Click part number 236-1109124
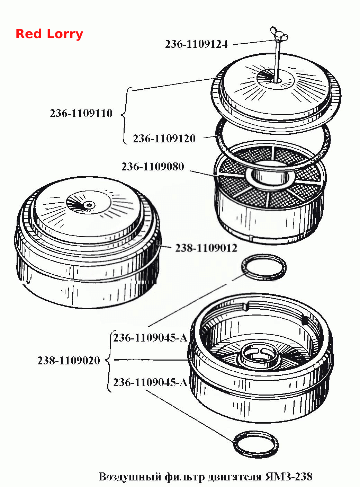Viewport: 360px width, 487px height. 196,44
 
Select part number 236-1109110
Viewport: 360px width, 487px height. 81,114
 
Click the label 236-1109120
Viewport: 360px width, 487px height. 164,139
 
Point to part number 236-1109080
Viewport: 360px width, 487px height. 153,167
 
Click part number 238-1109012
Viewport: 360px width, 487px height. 206,248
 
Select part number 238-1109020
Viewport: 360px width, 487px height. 69,360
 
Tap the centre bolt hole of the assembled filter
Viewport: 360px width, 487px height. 89,205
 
